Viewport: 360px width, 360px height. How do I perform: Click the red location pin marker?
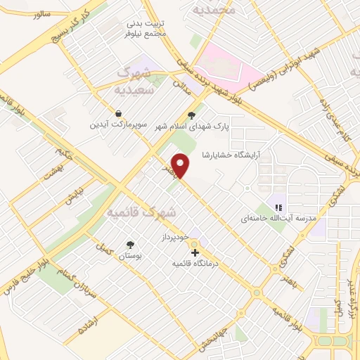coord(181,166)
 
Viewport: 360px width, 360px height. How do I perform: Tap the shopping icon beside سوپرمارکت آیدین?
coord(118,113)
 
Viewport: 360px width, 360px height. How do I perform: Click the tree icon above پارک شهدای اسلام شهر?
coord(191,116)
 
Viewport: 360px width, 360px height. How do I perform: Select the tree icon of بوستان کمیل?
coord(130,245)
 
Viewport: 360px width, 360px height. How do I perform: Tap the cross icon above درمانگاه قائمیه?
coord(195,252)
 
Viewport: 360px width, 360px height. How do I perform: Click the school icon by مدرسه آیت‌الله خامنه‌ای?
coord(278,207)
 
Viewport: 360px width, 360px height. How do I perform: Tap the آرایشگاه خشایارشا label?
coord(231,153)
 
